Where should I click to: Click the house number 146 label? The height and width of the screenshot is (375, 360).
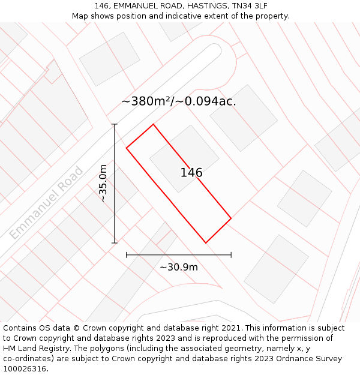coord(191,173)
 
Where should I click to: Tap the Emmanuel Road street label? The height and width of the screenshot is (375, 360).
coord(46,203)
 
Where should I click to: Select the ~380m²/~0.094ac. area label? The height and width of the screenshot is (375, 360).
coord(179,101)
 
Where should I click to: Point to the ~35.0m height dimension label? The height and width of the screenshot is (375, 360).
coord(104,184)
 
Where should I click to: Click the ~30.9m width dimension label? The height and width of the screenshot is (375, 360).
coord(179,267)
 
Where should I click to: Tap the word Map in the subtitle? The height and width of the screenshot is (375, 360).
coord(80,16)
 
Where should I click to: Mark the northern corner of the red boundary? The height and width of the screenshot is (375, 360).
coord(154,124)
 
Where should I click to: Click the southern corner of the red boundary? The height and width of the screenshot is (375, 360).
coord(206,243)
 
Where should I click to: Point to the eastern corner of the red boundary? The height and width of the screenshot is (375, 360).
coord(231,218)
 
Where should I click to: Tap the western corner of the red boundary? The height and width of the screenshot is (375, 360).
coord(126,148)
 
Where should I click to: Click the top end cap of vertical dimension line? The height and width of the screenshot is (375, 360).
coord(115,124)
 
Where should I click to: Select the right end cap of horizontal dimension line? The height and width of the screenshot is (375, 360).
coord(231,255)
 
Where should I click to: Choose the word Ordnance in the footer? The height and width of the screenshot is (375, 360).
coord(284,359)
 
